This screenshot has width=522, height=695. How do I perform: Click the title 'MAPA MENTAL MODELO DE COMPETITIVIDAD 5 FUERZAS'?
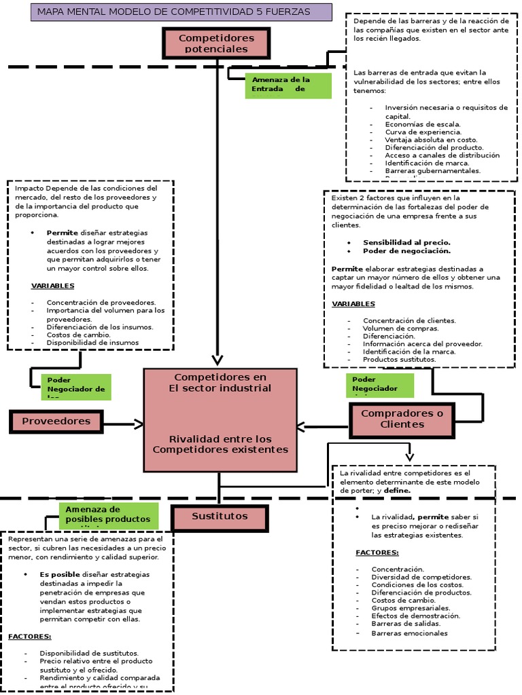click(181, 12)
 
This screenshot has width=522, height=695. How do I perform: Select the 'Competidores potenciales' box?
click(216, 43)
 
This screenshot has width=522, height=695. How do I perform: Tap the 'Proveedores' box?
click(56, 421)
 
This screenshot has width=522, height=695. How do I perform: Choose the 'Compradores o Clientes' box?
click(402, 419)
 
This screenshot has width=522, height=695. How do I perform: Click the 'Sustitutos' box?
click(220, 516)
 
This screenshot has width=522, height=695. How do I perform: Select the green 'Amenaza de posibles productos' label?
click(109, 516)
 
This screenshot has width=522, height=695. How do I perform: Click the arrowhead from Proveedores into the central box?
click(139, 424)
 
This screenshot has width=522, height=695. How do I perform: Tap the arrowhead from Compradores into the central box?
click(302, 427)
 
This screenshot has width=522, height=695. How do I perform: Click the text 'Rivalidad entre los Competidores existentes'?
click(220, 444)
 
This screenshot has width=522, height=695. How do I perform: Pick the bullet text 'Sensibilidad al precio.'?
click(406, 242)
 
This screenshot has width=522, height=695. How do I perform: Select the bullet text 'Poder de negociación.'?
click(406, 250)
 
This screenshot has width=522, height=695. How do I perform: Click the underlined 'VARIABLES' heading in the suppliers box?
click(52, 286)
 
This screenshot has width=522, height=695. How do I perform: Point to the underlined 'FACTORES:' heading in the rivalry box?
click(377, 552)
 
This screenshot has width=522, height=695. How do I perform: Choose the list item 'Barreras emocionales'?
click(409, 633)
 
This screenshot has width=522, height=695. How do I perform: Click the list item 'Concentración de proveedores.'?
click(101, 302)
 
